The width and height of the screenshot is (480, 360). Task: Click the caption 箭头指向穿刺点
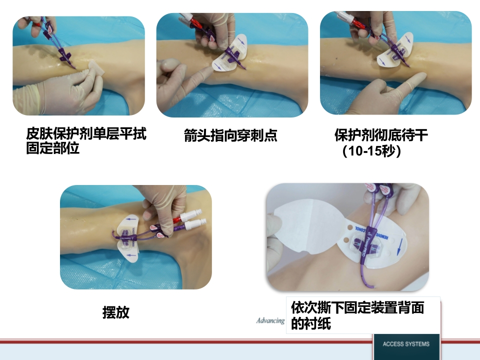pyautogui.click(x=230, y=135)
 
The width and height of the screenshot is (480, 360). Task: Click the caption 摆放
pyautogui.click(x=116, y=313)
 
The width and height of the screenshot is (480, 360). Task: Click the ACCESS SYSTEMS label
pyautogui.click(x=406, y=344)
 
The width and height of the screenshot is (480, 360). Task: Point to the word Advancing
pyautogui.click(x=270, y=320)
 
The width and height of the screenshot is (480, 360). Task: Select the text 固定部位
pyautogui.click(x=53, y=149)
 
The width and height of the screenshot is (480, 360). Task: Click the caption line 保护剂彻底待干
pyautogui.click(x=381, y=135)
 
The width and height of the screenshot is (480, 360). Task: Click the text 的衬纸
pyautogui.click(x=311, y=324)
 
